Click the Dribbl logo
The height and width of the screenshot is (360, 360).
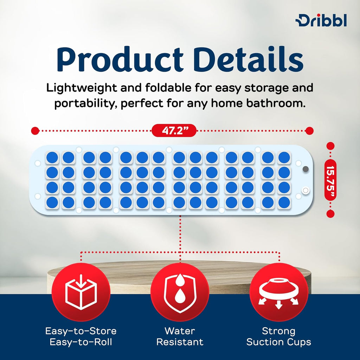pos(321,21)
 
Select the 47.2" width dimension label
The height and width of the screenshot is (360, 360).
pos(174,131)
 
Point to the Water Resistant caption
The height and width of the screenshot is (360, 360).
pos(180,336)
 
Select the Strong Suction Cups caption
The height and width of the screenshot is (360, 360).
pos(279,336)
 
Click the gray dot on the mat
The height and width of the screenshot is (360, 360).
pos(305,169)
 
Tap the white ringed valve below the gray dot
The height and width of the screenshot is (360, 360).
pos(305,190)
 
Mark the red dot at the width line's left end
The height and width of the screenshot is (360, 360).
pos(35,131)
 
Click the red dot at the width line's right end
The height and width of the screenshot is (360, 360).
pos(309,131)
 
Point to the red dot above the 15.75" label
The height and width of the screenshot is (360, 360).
pos(330,146)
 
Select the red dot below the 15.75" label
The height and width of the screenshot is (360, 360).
pos(330,213)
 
